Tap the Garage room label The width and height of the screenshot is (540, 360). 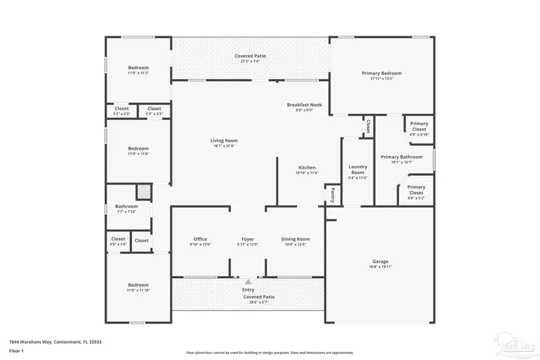pyautogui.click(x=380, y=261)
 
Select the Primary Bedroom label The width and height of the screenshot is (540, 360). pyautogui.click(x=382, y=73)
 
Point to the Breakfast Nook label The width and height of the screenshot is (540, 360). pyautogui.click(x=304, y=104)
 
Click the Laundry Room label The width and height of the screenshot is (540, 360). pyautogui.click(x=358, y=169)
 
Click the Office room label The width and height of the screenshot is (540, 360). pyautogui.click(x=200, y=239)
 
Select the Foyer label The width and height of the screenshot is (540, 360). pyautogui.click(x=248, y=239)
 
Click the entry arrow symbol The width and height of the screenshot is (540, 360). pyautogui.click(x=248, y=281)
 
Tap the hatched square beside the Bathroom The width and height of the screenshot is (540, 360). pyautogui.click(x=144, y=192)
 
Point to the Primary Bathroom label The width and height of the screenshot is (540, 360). pyautogui.click(x=402, y=157)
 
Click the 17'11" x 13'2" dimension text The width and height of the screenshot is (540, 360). pyautogui.click(x=382, y=79)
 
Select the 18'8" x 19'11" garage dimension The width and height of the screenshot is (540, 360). pyautogui.click(x=380, y=267)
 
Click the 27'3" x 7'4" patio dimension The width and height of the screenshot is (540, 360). pyautogui.click(x=250, y=61)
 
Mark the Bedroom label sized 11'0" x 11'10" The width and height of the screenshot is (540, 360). pyautogui.click(x=138, y=285)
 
